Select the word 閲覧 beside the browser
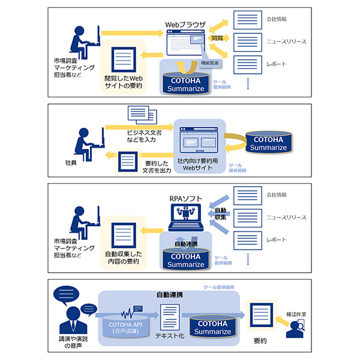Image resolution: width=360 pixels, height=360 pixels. (x=217, y=38)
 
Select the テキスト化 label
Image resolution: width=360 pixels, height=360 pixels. (x=167, y=337)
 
